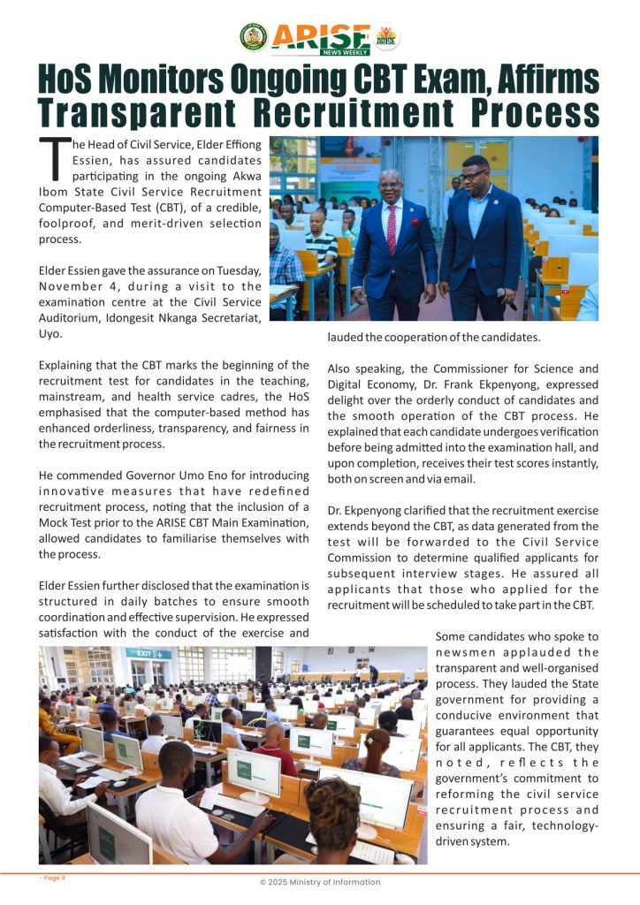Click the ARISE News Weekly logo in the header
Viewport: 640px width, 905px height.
click(x=321, y=37)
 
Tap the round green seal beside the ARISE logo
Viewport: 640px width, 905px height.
click(x=254, y=37)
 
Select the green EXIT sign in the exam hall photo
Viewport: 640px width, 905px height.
click(x=148, y=654)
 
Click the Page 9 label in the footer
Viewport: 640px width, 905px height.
click(x=52, y=878)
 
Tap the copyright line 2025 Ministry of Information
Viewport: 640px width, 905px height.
click(x=320, y=882)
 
